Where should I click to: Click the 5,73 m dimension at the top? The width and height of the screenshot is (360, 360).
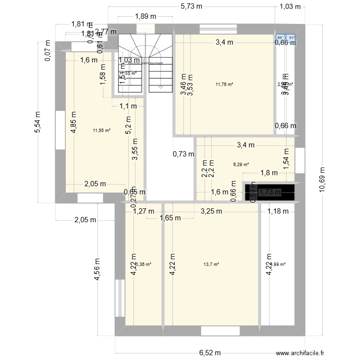tap(191, 7)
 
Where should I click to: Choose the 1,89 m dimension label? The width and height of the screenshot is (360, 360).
tap(146, 16)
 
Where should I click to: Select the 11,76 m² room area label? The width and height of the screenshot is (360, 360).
tap(224, 84)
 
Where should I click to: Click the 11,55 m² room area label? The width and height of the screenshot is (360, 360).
tap(102, 130)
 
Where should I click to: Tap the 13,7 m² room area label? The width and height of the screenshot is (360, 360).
tap(211, 264)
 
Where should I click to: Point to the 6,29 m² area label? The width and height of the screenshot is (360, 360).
tap(241, 165)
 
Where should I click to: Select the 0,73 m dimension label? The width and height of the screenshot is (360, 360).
tap(184, 154)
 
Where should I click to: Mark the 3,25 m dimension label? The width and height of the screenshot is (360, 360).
tap(211, 210)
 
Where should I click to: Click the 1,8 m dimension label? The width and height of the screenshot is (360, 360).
tap(269, 173)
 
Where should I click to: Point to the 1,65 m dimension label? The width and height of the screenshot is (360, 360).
tap(170, 218)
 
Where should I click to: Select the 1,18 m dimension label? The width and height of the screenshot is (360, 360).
tap(278, 210)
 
